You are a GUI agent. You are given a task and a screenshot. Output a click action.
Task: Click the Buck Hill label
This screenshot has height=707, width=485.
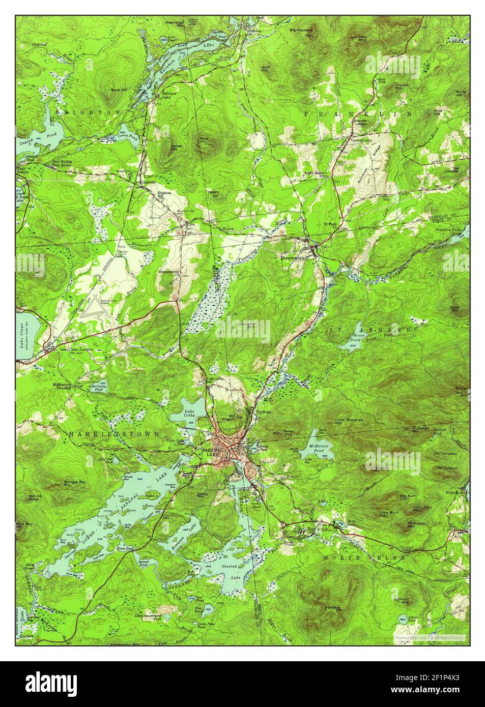[113, 92]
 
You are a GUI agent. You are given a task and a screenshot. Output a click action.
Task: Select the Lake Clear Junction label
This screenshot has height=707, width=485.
[76, 350]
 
